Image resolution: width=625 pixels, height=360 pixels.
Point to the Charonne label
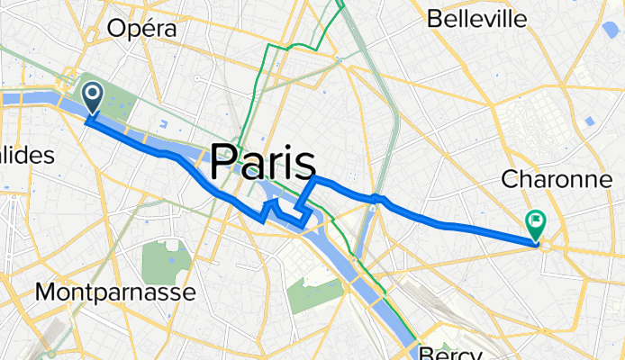pos(558,179)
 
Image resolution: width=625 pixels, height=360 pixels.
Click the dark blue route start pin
pos(93,95)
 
